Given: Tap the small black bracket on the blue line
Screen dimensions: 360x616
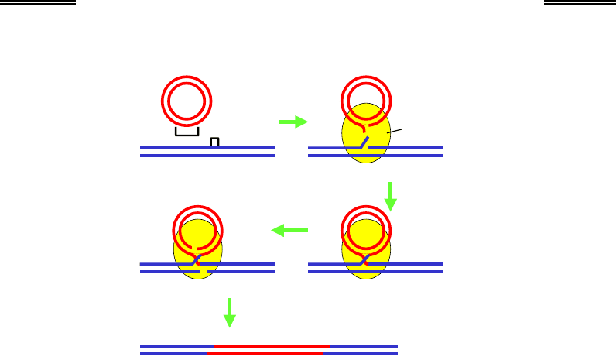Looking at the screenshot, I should click(x=215, y=141).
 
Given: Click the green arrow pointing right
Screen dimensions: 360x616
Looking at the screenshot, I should click(x=292, y=122).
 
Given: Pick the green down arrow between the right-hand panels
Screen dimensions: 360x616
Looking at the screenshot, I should click(x=392, y=196).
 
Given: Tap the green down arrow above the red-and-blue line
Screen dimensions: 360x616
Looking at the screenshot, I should click(x=229, y=311).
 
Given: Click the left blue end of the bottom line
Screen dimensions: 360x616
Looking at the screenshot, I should click(x=174, y=350).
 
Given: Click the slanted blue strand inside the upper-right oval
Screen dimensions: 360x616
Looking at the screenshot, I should click(x=361, y=143).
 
